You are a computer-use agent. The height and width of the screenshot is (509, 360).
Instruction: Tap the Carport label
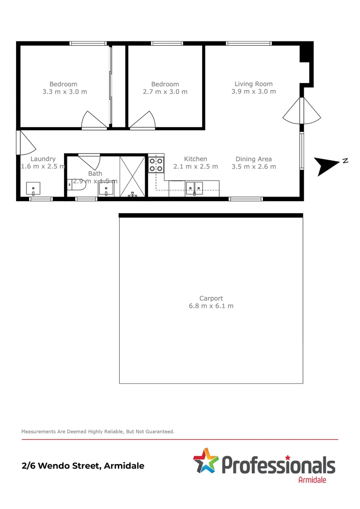tap(211, 298)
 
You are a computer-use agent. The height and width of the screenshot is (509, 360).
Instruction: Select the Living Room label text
tap(254, 84)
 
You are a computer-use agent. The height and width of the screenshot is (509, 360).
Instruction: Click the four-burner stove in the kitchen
tap(156, 164)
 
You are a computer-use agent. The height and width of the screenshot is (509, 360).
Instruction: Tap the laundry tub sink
tap(33, 189)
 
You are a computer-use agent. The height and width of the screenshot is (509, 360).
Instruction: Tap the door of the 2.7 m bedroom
tap(143, 121)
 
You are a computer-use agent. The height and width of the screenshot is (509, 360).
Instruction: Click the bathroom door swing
tap(89, 160)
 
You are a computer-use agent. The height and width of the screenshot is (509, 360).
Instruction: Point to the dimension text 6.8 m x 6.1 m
tap(211, 306)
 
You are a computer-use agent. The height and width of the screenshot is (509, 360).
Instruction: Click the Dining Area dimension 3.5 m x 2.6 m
tap(254, 166)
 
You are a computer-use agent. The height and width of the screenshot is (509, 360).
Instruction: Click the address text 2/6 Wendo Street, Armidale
tap(83, 466)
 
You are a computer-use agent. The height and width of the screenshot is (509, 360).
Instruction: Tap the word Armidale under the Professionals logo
tap(312, 480)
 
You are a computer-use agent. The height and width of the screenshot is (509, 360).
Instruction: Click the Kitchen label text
tap(196, 159)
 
